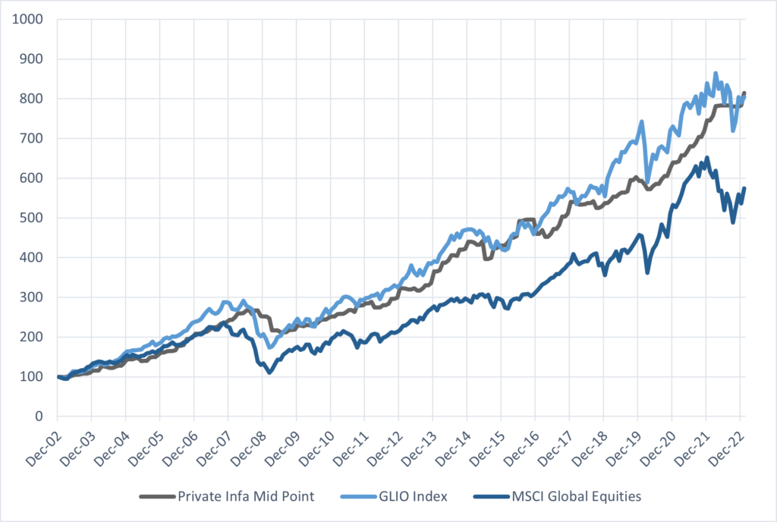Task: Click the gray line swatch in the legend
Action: pos(156,497)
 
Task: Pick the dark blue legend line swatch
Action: pos(489,497)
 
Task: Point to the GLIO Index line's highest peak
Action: pos(716,74)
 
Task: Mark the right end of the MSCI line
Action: pos(744,188)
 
